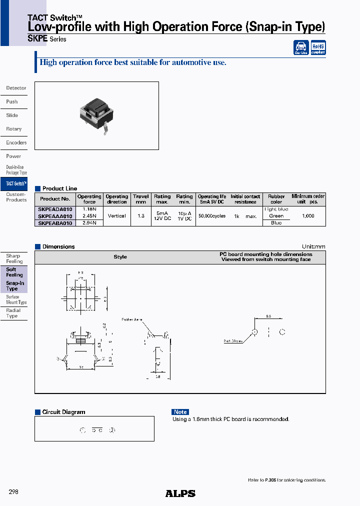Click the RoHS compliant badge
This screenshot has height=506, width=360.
coord(318,47)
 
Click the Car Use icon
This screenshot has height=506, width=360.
coord(301,48)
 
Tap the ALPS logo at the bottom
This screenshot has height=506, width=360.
coord(180,493)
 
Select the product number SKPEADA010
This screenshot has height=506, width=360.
coord(55,209)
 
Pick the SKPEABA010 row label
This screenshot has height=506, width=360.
coord(55,223)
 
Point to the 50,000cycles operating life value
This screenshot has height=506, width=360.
coord(212,216)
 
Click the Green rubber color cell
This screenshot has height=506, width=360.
coord(276,216)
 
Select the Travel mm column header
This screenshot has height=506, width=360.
coord(141,199)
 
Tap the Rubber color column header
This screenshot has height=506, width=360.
coord(276,199)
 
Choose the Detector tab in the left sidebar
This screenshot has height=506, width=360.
coord(16,88)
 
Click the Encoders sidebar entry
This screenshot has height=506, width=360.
coord(16,142)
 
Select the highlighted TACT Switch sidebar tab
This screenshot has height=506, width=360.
coord(15,183)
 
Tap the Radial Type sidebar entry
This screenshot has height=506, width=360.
coord(13,313)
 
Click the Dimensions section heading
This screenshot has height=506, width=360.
coord(58,246)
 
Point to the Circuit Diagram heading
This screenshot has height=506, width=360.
coord(63,412)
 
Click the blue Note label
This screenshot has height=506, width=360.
coord(180,412)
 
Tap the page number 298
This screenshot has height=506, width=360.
coord(13,492)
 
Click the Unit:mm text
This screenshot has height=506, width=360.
coord(313,246)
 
